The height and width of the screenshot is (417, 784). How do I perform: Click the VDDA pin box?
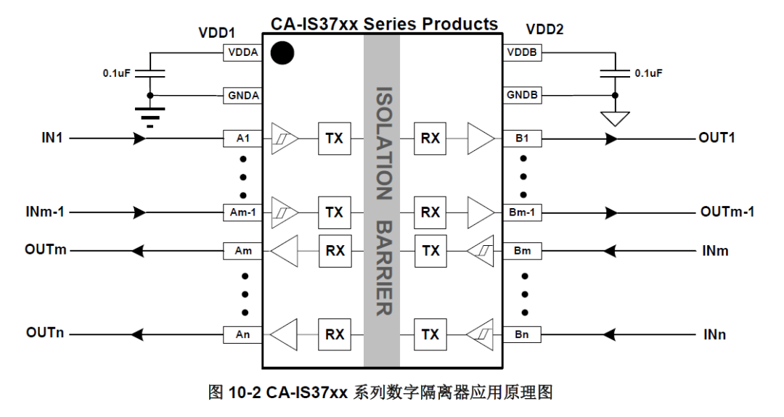tap(242, 53)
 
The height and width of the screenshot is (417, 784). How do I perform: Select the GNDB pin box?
tap(522, 95)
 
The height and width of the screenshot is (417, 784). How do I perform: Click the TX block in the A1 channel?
tap(334, 137)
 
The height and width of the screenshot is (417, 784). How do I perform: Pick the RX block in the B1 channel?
tap(430, 137)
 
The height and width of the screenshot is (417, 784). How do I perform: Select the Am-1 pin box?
tap(242, 212)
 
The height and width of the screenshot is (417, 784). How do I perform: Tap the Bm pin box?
tap(522, 251)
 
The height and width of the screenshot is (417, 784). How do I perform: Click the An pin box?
tap(242, 334)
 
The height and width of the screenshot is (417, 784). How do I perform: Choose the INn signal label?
tap(714, 334)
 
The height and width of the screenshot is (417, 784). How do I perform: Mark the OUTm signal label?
tap(45, 250)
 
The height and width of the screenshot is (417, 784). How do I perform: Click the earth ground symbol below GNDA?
tap(150, 115)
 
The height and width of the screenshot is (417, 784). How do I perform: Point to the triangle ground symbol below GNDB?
tap(616, 118)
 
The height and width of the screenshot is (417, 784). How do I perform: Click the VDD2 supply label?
tap(544, 30)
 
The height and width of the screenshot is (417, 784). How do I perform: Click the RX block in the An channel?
tap(335, 334)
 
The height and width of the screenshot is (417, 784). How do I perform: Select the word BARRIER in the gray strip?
tap(383, 268)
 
